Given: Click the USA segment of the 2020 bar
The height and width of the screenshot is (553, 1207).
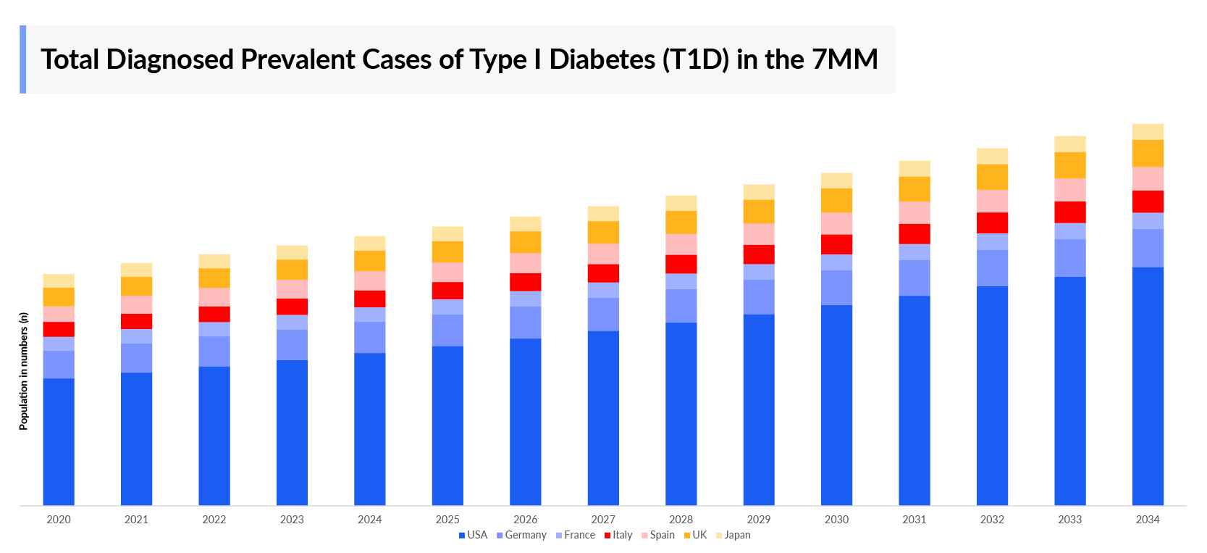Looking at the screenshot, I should coord(59,441).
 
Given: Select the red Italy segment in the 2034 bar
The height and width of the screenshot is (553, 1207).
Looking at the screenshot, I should coord(1148,201).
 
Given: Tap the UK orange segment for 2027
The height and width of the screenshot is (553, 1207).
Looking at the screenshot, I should coord(603,232).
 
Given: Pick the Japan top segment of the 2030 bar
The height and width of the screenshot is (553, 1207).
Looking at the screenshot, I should coord(836,180).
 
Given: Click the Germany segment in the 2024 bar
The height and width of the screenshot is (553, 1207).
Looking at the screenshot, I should coord(370,337).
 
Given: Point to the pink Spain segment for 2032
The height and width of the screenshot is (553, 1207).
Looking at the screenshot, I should coord(992,201).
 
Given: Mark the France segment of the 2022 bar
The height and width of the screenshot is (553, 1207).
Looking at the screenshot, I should coord(214,329).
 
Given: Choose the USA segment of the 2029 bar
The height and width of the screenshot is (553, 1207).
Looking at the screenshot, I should coord(759,409).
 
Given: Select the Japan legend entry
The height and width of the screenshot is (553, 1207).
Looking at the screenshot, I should coord(736,535).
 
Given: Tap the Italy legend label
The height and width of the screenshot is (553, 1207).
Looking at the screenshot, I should coord(622,535).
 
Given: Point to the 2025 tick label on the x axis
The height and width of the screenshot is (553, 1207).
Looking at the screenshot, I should coord(447,519).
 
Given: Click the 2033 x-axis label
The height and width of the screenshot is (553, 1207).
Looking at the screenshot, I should coord(1069,519).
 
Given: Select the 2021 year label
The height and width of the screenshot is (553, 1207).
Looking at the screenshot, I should coord(136,519).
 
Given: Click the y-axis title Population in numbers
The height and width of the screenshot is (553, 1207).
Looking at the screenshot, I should coord(24,371).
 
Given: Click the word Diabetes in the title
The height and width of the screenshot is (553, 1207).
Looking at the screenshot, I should coord(602,59).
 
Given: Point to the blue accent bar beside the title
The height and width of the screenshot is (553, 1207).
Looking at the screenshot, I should coord(22,59).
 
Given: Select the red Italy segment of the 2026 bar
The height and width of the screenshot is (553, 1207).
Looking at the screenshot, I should coord(526,282).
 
